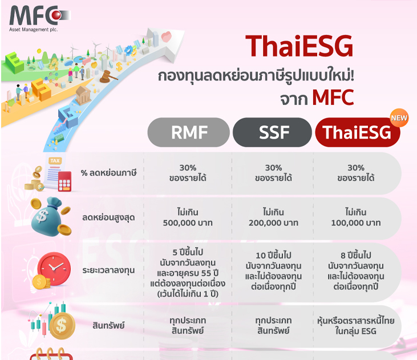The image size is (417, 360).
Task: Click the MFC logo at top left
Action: click(39, 18)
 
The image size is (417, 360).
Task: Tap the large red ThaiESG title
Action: click(299, 46)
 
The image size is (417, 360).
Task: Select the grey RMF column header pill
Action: click(189, 132)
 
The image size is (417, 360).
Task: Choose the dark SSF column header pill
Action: click(272, 132)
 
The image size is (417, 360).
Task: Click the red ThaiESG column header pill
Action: click(358, 132)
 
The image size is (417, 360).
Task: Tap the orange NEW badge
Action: click(399, 118)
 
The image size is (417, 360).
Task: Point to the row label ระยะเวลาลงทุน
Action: click(108, 270)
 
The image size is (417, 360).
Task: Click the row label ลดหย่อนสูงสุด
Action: click(108, 217)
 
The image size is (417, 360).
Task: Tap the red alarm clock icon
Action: click(54, 269)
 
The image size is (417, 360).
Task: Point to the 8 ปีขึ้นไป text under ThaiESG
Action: click(356, 255)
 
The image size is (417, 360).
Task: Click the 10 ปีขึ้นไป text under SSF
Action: click(273, 255)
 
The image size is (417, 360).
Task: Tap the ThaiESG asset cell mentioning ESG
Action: click(356, 326)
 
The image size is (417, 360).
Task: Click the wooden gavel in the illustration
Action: click(108, 76)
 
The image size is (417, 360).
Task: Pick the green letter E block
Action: click(14, 63)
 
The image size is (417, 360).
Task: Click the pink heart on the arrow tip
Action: click(167, 37)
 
